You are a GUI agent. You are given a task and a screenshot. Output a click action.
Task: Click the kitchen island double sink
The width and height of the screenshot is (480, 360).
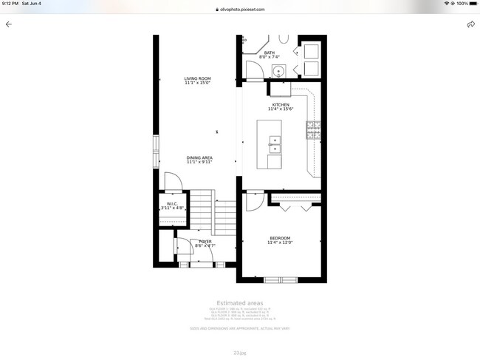274,143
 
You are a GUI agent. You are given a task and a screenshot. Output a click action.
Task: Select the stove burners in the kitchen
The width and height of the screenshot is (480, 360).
313,131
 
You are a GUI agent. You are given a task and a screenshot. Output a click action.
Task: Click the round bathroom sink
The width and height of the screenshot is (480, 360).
278,72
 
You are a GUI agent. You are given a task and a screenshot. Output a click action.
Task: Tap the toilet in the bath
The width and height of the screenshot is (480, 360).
284,39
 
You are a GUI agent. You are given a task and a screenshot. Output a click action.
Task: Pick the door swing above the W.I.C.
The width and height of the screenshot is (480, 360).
171,182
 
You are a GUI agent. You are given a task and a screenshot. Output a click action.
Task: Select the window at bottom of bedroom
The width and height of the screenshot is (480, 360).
280,279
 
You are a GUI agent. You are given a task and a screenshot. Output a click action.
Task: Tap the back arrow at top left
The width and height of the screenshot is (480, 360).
9,24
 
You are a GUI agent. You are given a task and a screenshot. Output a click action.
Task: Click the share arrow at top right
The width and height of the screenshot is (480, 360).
470,24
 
